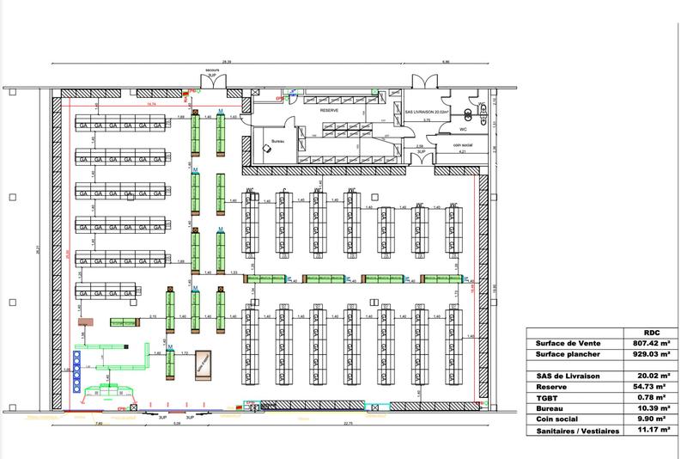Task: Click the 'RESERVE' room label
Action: click(x=329, y=111)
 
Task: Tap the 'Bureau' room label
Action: click(x=277, y=140)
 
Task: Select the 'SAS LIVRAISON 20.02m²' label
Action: click(x=428, y=111)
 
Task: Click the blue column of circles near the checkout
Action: click(x=77, y=375)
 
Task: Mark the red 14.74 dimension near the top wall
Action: click(x=151, y=104)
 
